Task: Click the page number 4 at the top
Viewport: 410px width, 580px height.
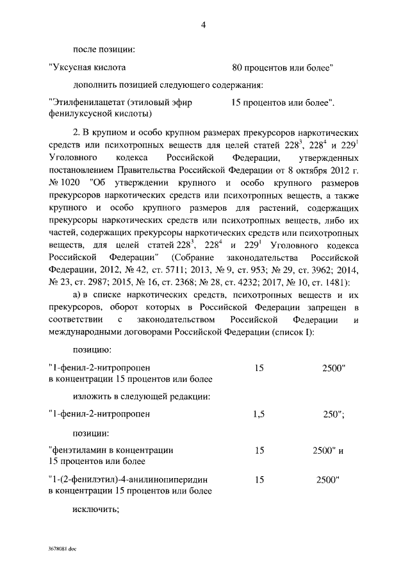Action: (203, 25)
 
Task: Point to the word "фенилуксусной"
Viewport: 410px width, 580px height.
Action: (76, 114)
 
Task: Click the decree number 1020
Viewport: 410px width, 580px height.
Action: (72, 182)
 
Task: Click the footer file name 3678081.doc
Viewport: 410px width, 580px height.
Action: (62, 550)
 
